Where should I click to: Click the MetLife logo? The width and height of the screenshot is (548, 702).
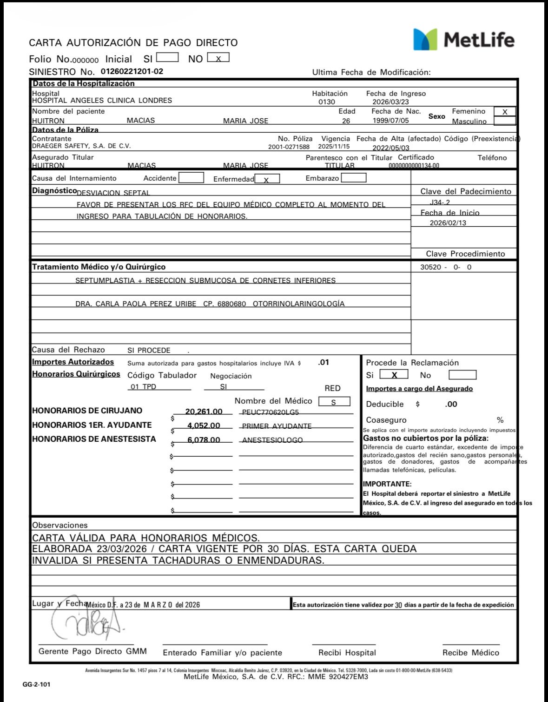463,39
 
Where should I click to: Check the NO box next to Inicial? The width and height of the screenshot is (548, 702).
218,58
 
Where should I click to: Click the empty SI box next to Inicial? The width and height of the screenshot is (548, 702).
167,58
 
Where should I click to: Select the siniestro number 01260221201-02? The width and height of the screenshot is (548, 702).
132,72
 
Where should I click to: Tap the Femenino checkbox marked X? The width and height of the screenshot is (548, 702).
505,112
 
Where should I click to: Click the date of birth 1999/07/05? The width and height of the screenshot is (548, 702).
390,121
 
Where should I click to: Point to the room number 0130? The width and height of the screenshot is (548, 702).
327,102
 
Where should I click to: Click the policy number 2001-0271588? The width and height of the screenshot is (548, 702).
289,147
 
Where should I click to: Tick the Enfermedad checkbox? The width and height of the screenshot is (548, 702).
267,179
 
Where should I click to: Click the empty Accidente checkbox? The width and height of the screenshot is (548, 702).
191,178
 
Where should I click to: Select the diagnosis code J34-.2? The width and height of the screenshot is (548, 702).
440,202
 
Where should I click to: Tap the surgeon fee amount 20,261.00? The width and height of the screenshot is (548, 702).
204,412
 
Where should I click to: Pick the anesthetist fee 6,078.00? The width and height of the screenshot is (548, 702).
204,440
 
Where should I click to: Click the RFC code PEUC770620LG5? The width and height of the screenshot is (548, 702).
271,412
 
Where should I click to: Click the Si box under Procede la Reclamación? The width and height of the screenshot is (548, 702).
394,375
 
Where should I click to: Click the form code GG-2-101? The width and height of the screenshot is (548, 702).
36,685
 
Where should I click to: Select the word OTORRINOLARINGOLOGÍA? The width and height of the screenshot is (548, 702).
298,304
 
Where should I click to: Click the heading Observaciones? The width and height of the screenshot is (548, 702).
59,525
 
